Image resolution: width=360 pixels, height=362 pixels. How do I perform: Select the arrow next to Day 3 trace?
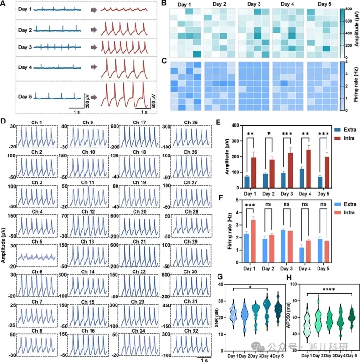(94, 48)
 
